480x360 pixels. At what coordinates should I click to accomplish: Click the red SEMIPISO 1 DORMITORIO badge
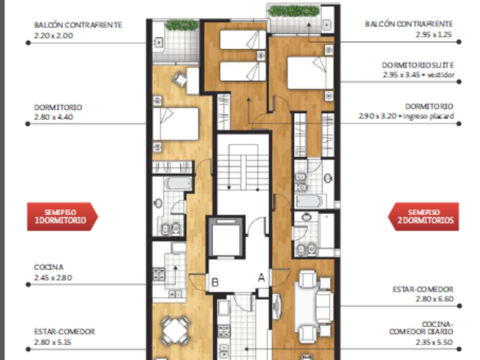click(62, 217)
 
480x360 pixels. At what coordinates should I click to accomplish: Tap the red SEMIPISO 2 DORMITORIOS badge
click(423, 217)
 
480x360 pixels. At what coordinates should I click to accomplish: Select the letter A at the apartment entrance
click(261, 277)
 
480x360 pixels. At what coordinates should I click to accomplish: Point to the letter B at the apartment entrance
click(215, 282)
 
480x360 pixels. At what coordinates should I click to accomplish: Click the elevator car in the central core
click(226, 238)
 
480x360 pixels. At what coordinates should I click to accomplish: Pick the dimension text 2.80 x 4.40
click(53, 117)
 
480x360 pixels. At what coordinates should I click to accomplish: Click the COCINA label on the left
click(49, 267)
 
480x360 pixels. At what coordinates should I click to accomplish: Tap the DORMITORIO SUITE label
click(418, 65)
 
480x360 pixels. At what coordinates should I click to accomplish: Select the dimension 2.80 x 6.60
click(434, 298)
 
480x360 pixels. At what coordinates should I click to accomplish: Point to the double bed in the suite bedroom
click(310, 73)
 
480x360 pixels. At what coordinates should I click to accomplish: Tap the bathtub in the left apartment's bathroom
click(178, 184)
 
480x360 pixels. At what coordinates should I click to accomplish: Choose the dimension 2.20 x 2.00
click(53, 35)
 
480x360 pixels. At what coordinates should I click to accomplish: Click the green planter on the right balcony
click(293, 11)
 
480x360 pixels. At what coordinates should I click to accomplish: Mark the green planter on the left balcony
click(181, 25)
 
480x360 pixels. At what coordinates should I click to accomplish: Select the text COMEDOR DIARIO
click(421, 331)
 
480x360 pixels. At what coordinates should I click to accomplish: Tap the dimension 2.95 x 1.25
click(433, 34)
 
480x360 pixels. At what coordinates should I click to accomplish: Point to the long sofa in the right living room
click(325, 306)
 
